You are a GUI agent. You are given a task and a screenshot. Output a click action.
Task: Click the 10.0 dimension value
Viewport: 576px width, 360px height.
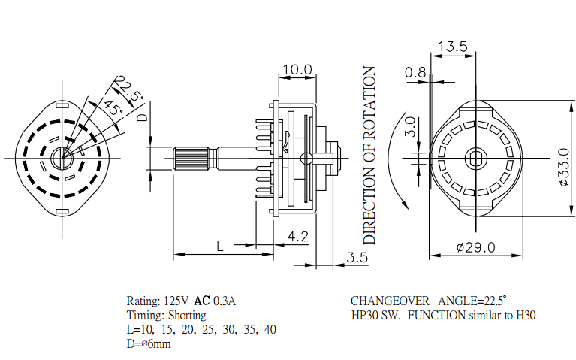pyautogui.click(x=296, y=70)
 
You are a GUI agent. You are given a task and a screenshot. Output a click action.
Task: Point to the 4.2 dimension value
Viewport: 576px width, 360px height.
pyautogui.click(x=297, y=237)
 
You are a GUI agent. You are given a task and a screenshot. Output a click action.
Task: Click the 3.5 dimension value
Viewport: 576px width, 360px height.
pyautogui.click(x=357, y=257)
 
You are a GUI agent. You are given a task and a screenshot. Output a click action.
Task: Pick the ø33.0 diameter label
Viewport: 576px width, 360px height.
pyautogui.click(x=562, y=171)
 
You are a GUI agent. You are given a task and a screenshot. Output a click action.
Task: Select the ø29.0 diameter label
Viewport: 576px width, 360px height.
pyautogui.click(x=476, y=247)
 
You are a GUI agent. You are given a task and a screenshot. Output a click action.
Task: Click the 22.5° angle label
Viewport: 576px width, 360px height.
pyautogui.click(x=130, y=89)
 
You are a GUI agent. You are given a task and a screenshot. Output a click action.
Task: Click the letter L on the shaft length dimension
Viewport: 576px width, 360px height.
pyautogui.click(x=220, y=246)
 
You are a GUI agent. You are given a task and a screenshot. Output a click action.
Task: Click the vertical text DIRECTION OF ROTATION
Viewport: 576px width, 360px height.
pyautogui.click(x=369, y=155)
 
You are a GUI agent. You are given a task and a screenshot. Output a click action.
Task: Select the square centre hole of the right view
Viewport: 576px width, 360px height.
pyautogui.click(x=476, y=157)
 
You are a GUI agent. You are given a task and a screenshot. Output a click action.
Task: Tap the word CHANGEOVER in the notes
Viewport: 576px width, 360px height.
pyautogui.click(x=390, y=301)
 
